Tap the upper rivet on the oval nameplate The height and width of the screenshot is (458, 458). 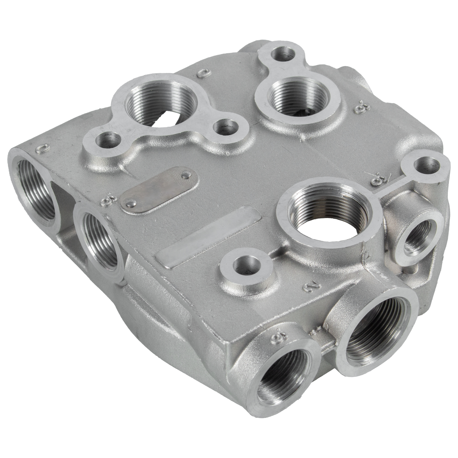tap(185, 175)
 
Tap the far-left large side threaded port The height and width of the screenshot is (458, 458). tap(34, 187)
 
